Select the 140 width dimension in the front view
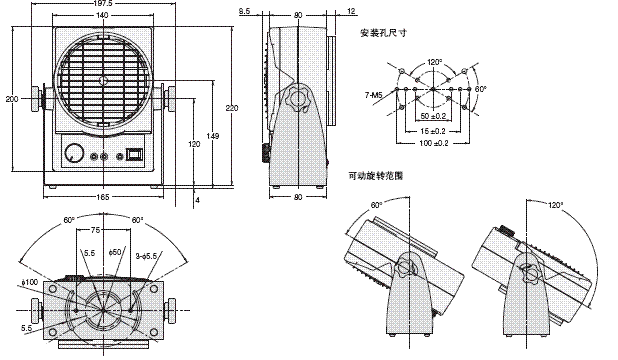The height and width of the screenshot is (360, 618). pyautogui.click(x=102, y=17)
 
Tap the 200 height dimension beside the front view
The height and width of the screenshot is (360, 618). pyautogui.click(x=11, y=99)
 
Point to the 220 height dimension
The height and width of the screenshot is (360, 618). pyautogui.click(x=232, y=107)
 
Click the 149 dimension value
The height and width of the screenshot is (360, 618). pyautogui.click(x=212, y=136)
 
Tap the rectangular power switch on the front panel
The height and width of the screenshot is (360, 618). pyautogui.click(x=134, y=155)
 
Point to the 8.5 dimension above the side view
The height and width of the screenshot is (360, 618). pyautogui.click(x=245, y=12)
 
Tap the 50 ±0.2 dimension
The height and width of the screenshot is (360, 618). pyautogui.click(x=432, y=117)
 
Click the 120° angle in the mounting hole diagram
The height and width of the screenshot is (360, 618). pyautogui.click(x=433, y=60)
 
